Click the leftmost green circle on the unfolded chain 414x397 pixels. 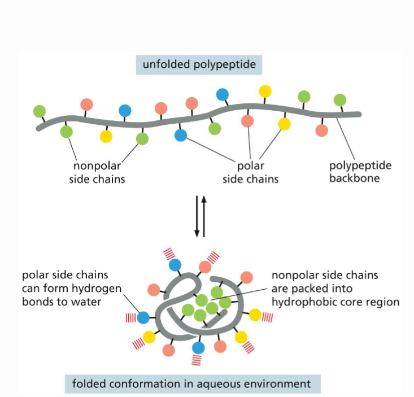[39, 110]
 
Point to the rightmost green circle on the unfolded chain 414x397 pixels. [339, 100]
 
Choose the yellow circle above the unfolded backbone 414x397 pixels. [265, 91]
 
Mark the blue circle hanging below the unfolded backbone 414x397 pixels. [181, 135]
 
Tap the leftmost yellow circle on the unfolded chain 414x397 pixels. [106, 136]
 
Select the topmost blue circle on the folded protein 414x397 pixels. [175, 264]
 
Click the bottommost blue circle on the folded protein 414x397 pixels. [198, 347]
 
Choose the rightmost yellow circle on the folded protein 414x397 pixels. [255, 315]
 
